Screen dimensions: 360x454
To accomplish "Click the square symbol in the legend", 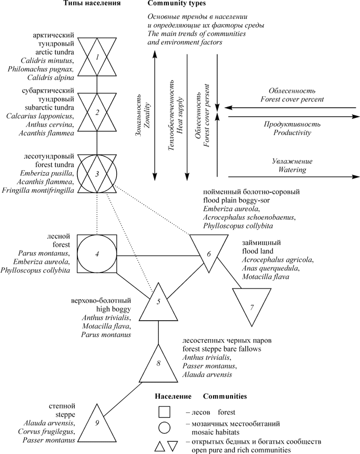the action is click(164, 412).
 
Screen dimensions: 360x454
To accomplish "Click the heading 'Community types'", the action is click(177, 4).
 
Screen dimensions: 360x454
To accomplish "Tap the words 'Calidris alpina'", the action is click(51, 77).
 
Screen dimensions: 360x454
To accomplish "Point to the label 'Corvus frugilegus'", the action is click(46, 431).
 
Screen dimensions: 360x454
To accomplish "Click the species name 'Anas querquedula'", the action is click(270, 268).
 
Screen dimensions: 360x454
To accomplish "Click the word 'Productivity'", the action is click(292, 133).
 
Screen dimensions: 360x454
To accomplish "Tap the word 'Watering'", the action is click(292, 170).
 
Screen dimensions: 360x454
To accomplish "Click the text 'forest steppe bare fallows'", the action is click(222, 349).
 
